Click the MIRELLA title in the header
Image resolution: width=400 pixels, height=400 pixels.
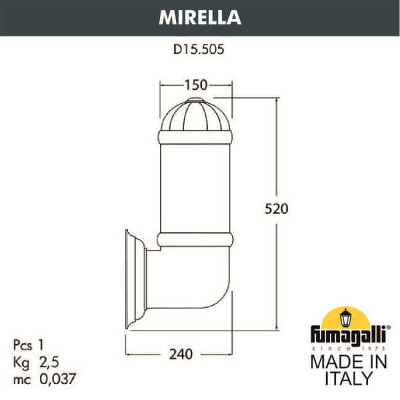point(199,17)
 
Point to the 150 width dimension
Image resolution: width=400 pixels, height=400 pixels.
point(195,85)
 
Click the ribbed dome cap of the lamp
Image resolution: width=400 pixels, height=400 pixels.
point(195,117)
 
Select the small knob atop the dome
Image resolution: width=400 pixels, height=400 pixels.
point(195,100)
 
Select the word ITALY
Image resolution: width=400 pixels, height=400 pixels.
point(348,378)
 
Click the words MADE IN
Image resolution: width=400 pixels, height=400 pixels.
point(348,362)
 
